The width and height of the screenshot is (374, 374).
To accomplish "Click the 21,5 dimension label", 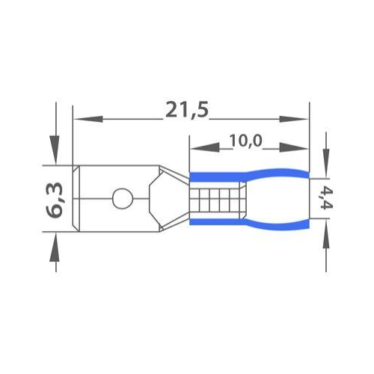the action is [186, 110].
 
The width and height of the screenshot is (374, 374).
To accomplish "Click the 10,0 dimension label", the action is [245, 141].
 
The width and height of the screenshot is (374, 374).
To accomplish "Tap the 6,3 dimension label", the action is [54, 200].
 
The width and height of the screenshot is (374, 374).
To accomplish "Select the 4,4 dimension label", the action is [326, 199].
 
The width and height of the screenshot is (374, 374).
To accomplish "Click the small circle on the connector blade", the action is [123, 198].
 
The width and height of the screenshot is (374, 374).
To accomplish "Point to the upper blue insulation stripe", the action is [249, 175].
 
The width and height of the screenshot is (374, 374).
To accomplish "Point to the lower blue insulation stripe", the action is [249, 224].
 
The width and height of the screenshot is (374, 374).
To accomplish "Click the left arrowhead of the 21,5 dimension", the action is [88, 119].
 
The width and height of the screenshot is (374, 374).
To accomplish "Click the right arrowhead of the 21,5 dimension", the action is [294, 119].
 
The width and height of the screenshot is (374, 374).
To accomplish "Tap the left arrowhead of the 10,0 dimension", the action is [205, 148].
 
